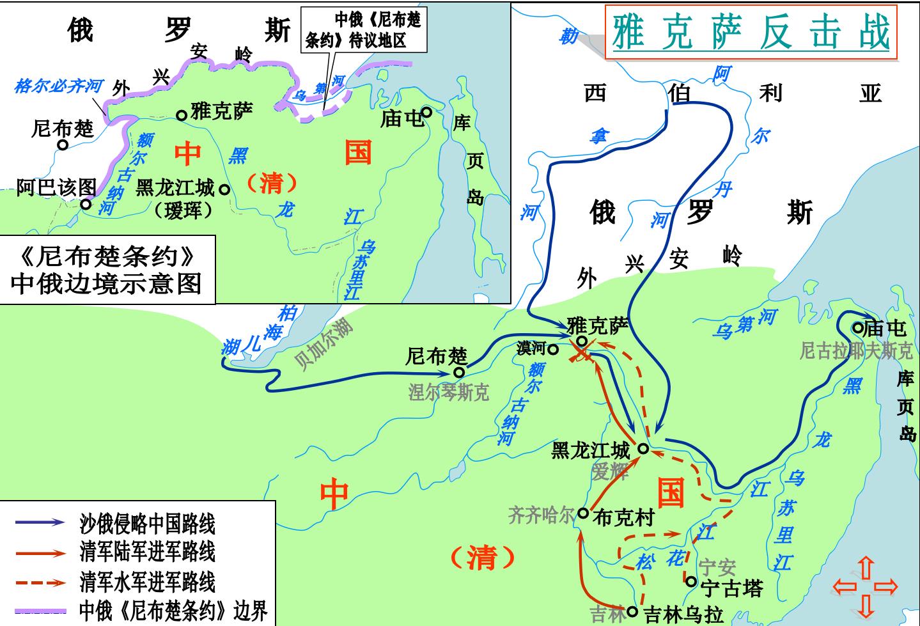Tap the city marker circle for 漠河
553,350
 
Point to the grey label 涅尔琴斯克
448,391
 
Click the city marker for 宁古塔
691,581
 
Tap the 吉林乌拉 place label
683,614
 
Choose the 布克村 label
623,517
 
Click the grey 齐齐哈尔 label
542,515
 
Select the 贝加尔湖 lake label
323,343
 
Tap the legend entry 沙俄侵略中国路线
147,524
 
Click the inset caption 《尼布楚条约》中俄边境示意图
107,270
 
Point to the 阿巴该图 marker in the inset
86,204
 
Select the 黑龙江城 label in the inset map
175,188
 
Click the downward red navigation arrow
866,605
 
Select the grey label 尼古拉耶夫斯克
856,351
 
